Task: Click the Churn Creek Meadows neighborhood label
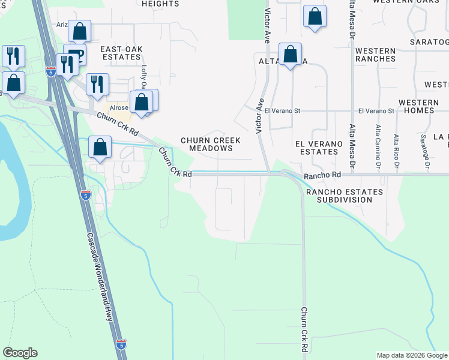211,144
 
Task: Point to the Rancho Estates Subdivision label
344,195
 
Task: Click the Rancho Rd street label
322,175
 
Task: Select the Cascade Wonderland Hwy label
100,277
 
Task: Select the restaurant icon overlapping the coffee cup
67,64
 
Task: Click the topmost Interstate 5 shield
51,71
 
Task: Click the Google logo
20,353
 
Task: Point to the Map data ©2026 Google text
412,355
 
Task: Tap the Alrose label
119,108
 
